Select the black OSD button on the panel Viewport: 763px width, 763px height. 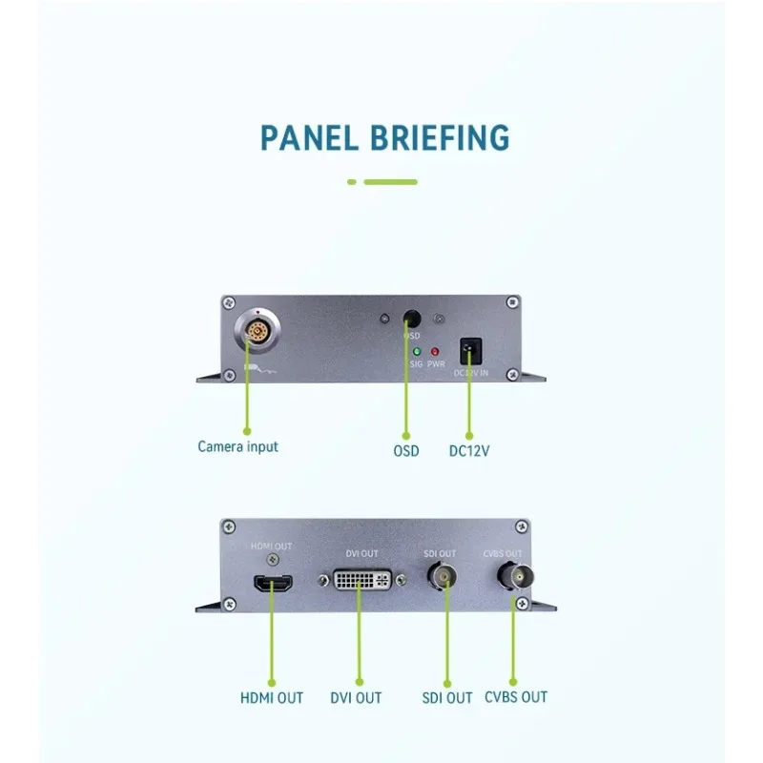click(412, 320)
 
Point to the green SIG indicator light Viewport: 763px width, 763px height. click(417, 351)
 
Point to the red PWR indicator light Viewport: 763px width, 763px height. click(436, 351)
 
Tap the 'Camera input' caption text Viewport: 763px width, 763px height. click(238, 446)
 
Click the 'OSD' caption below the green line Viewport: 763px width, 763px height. click(406, 450)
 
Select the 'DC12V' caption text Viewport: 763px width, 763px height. click(470, 450)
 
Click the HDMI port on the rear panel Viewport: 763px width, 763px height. click(272, 584)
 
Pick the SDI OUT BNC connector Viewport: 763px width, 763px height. click(442, 578)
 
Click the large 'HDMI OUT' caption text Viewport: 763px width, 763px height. click(272, 698)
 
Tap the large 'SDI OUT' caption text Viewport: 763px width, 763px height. click(446, 698)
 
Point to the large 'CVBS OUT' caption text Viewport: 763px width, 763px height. click(516, 697)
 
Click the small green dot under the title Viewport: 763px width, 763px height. click(351, 181)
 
